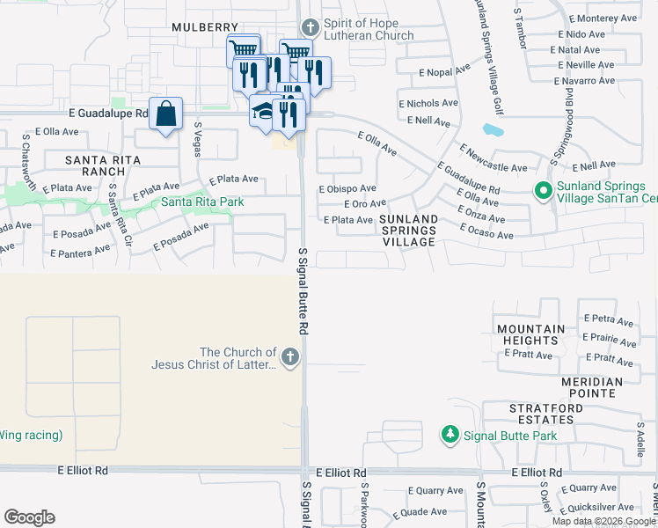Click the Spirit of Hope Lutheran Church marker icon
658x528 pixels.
click(308, 28)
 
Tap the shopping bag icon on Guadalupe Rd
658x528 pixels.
click(165, 114)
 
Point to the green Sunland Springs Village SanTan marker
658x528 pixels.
click(544, 189)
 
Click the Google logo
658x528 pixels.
click(29, 517)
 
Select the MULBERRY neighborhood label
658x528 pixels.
click(205, 27)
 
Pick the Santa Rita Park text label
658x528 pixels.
click(202, 202)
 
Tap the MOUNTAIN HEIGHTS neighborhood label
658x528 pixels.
click(530, 335)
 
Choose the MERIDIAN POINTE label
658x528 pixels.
click(591, 387)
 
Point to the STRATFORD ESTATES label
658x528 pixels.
click(545, 414)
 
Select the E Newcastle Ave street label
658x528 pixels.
click(493, 159)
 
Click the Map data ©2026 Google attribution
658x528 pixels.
click(603, 521)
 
